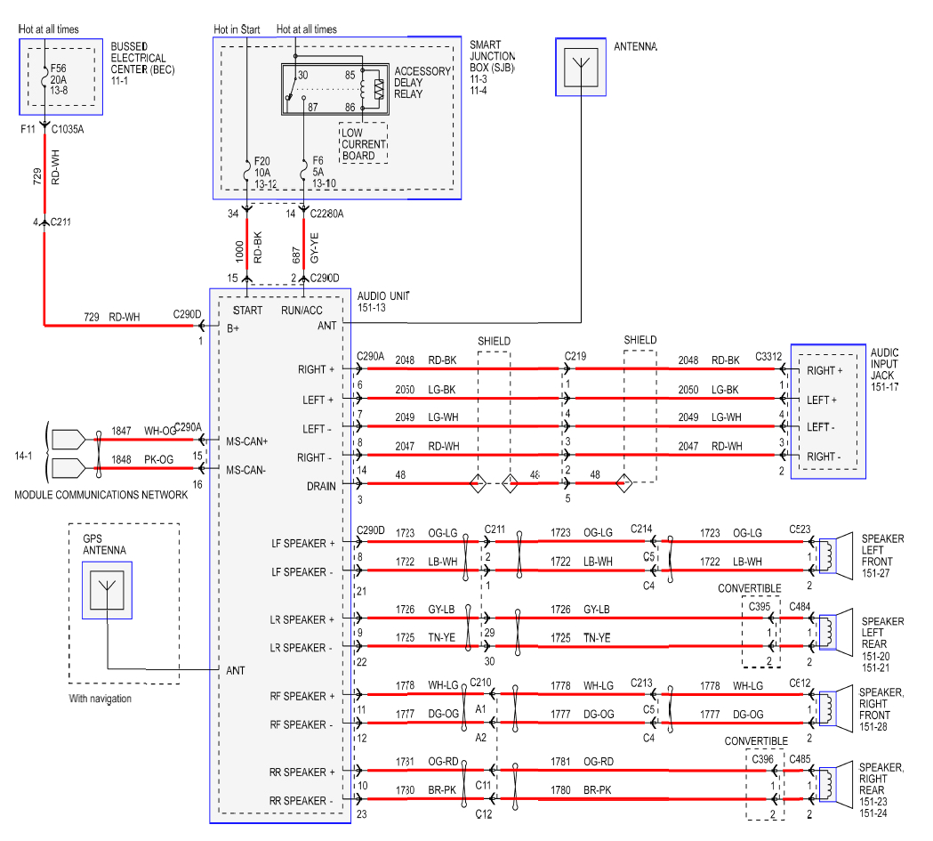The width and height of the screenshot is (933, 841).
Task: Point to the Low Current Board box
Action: (x=363, y=143)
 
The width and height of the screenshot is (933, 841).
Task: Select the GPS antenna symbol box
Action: (x=107, y=591)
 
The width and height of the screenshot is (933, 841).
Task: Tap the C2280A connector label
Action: (x=326, y=214)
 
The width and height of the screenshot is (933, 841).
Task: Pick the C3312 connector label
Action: (x=769, y=356)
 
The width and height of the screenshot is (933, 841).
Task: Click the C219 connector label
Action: (x=576, y=356)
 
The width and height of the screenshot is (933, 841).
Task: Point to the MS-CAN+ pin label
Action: (x=246, y=441)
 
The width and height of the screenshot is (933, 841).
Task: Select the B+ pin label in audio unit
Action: (x=233, y=328)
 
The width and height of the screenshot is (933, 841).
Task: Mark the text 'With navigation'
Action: (x=100, y=699)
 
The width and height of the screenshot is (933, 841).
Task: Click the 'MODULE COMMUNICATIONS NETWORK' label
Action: (x=101, y=495)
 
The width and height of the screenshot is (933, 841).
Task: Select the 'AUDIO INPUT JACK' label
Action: (x=885, y=364)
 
